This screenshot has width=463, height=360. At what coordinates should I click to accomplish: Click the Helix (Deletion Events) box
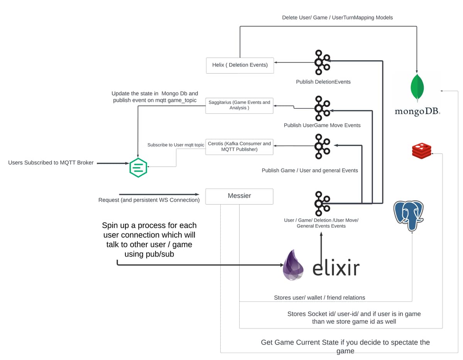pyautogui.click(x=240, y=65)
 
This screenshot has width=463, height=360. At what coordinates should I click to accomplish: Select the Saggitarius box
pyautogui.click(x=239, y=106)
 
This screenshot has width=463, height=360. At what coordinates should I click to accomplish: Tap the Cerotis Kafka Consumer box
pyautogui.click(x=239, y=147)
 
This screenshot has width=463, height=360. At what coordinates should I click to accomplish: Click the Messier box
pyautogui.click(x=239, y=196)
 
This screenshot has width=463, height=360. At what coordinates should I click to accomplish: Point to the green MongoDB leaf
pyautogui.click(x=417, y=88)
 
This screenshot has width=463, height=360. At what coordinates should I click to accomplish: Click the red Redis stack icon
pyautogui.click(x=421, y=151)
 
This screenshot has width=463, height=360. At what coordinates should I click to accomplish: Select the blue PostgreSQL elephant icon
pyautogui.click(x=408, y=215)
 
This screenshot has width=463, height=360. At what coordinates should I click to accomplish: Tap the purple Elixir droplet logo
pyautogui.click(x=293, y=265)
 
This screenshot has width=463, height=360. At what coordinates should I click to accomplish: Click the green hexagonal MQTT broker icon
pyautogui.click(x=138, y=167)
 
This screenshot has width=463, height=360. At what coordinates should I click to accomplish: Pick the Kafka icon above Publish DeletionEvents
pyautogui.click(x=322, y=62)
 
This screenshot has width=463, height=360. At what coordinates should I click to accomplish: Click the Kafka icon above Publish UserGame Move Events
pyautogui.click(x=322, y=108)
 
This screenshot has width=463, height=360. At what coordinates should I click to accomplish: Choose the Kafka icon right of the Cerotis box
pyautogui.click(x=322, y=146)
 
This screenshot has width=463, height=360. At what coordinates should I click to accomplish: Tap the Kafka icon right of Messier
pyautogui.click(x=322, y=203)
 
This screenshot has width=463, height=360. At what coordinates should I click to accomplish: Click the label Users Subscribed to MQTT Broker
pyautogui.click(x=51, y=163)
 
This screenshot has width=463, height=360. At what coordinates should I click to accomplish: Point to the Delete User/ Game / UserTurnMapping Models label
pyautogui.click(x=337, y=17)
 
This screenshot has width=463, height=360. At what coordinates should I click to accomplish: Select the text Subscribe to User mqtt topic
pyautogui.click(x=176, y=145)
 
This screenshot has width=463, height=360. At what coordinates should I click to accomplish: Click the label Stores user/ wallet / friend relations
pyautogui.click(x=319, y=297)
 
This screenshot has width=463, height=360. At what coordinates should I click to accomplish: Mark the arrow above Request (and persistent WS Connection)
pyautogui.click(x=159, y=194)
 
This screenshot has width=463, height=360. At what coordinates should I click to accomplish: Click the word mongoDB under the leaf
pyautogui.click(x=417, y=112)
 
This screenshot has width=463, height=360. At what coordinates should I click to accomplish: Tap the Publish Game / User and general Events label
pyautogui.click(x=310, y=171)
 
